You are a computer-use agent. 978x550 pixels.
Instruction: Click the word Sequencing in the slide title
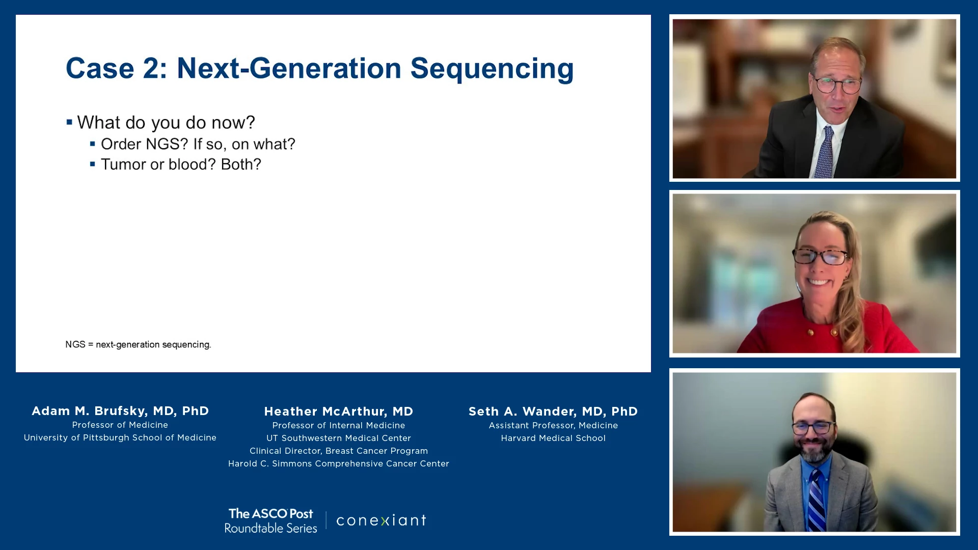pyautogui.click(x=492, y=69)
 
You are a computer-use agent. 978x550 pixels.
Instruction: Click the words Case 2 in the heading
pyautogui.click(x=117, y=68)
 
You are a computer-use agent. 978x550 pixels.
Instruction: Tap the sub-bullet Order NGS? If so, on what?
pyautogui.click(x=198, y=144)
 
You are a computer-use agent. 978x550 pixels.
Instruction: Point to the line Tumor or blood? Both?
pyautogui.click(x=181, y=164)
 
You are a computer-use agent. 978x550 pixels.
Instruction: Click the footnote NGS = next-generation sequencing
pyautogui.click(x=138, y=345)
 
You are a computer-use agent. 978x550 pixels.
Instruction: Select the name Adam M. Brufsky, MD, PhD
pyautogui.click(x=120, y=411)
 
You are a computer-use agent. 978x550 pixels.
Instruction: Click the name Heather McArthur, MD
pyautogui.click(x=339, y=411)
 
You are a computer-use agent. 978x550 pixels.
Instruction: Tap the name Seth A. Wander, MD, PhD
pyautogui.click(x=553, y=411)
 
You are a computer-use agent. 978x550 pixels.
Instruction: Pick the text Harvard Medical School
pyautogui.click(x=553, y=438)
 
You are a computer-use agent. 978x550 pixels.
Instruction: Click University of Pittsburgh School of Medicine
pyautogui.click(x=120, y=437)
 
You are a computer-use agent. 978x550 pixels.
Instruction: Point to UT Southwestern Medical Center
pyautogui.click(x=339, y=438)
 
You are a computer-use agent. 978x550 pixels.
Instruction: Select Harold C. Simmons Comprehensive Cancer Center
pyautogui.click(x=339, y=463)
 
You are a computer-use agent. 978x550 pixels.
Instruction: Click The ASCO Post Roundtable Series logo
pyautogui.click(x=270, y=520)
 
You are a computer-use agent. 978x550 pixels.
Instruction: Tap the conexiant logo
pyautogui.click(x=382, y=520)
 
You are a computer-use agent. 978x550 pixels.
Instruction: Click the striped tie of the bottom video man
pyautogui.click(x=817, y=502)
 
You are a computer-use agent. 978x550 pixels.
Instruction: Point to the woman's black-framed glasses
pyautogui.click(x=821, y=256)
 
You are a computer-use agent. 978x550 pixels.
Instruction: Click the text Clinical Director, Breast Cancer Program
pyautogui.click(x=339, y=451)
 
